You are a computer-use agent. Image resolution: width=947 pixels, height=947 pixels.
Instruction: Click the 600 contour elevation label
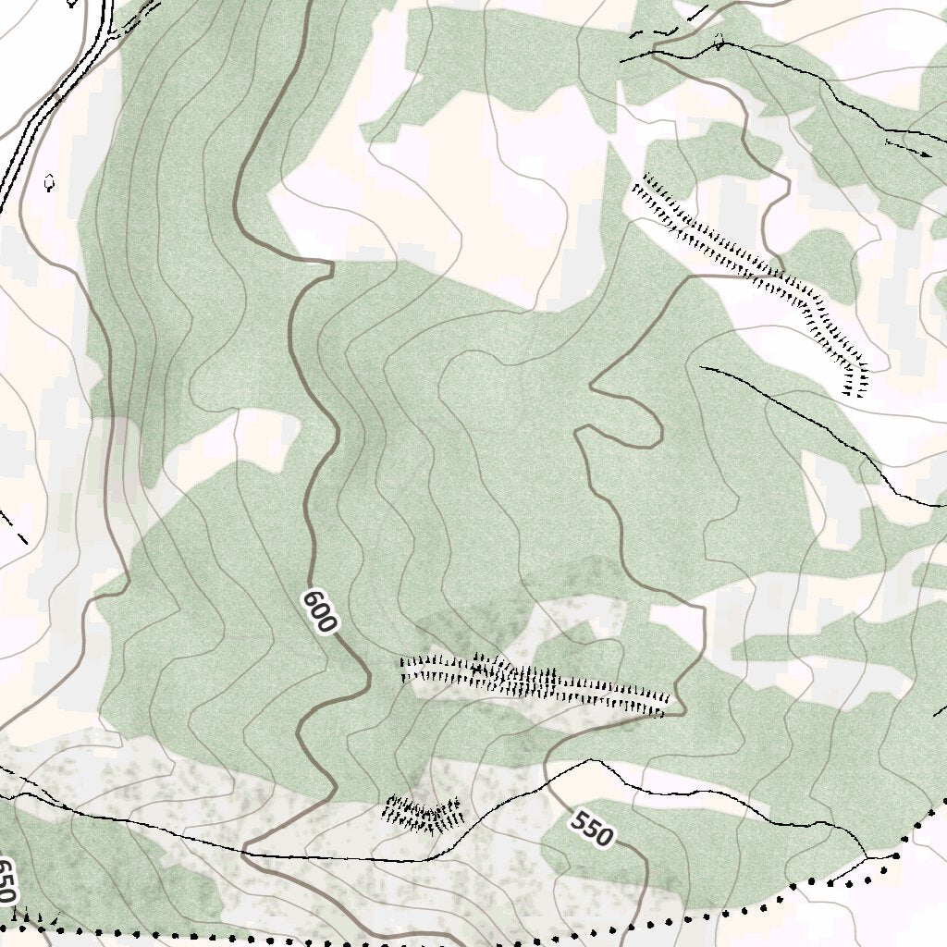318,612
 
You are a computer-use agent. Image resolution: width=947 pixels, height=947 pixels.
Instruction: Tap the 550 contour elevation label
591,829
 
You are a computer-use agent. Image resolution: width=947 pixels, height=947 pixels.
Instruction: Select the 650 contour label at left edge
6,880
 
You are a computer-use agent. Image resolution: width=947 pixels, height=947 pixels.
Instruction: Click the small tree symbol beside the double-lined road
49,182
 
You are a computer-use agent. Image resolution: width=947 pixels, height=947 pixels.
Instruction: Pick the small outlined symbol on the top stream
719,41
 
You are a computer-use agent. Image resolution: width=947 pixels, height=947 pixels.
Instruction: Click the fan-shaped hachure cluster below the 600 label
424,813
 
